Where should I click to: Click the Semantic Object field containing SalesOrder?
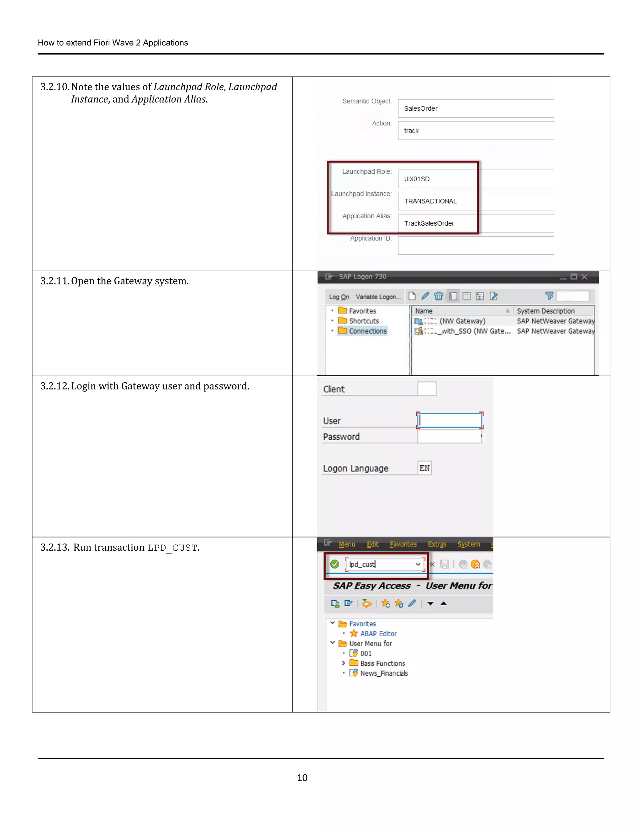(x=476, y=109)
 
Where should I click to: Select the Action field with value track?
(x=476, y=130)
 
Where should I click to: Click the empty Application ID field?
(x=476, y=246)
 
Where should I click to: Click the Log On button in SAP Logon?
(x=339, y=297)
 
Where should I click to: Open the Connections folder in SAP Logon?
(x=367, y=331)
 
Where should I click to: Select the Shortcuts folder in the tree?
(x=364, y=321)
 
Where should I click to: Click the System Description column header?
(x=545, y=311)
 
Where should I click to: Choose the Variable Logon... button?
(x=378, y=297)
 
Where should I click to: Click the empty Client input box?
(x=427, y=389)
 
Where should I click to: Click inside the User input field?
(x=450, y=421)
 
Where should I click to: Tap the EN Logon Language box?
(x=424, y=468)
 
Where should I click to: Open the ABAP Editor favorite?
(x=378, y=633)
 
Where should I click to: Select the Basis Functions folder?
(x=382, y=663)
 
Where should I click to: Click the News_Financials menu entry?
(x=384, y=673)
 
